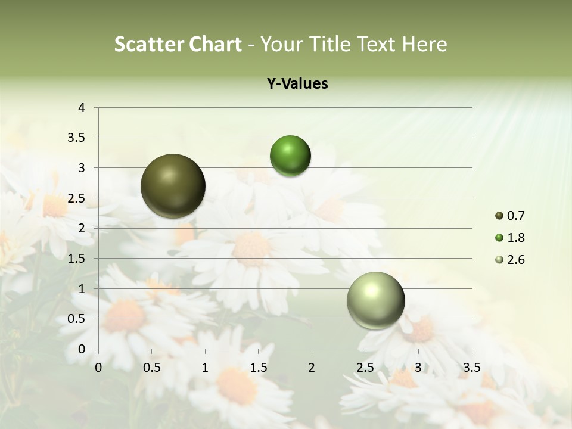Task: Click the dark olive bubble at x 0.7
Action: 173,186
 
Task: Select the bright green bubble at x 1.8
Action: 290,156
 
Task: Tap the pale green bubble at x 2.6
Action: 375,300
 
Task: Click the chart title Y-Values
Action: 297,84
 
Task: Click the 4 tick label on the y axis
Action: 82,108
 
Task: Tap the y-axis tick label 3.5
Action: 77,138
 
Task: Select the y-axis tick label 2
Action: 82,228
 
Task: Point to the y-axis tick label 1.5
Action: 77,259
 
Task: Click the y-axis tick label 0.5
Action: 77,319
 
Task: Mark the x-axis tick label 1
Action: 205,367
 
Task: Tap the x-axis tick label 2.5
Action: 365,367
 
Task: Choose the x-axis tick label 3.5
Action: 471,367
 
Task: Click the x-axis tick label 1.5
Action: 258,367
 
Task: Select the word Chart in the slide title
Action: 215,44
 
